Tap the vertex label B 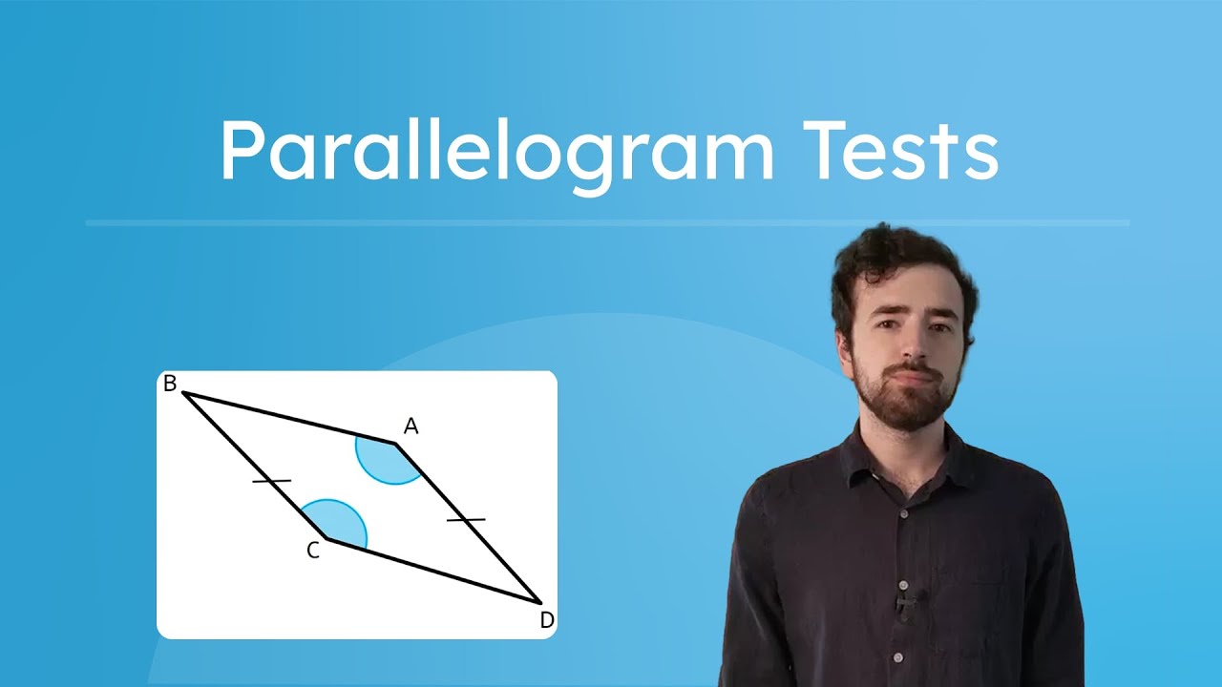tap(170, 384)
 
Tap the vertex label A tap(411, 427)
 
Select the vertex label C tap(312, 551)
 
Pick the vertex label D tap(546, 621)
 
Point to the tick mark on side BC tap(271, 481)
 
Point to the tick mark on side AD tap(466, 519)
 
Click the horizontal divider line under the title tap(607, 223)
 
